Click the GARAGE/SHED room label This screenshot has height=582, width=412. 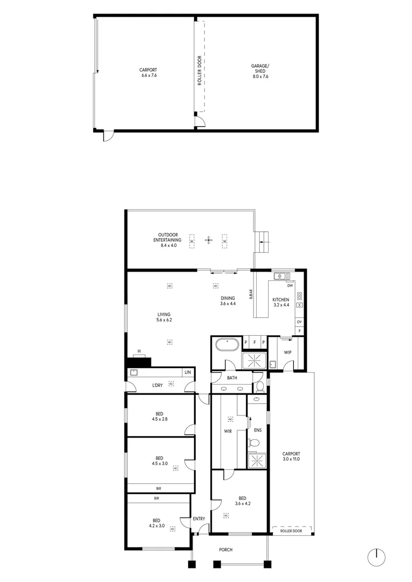(x=260, y=71)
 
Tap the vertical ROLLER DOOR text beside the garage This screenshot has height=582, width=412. (x=200, y=71)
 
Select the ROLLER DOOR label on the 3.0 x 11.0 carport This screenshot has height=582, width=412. (x=291, y=531)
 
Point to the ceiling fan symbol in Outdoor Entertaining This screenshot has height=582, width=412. (x=209, y=240)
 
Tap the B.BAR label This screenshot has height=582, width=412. (x=251, y=295)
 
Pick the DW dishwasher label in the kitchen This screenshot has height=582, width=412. (x=290, y=286)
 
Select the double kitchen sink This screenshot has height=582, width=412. (x=279, y=277)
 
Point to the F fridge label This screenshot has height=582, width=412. (x=255, y=343)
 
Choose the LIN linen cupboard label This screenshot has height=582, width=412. (x=188, y=372)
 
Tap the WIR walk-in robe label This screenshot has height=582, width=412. (x=228, y=431)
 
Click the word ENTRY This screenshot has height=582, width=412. (x=199, y=519)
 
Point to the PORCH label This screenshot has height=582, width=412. (x=226, y=550)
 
